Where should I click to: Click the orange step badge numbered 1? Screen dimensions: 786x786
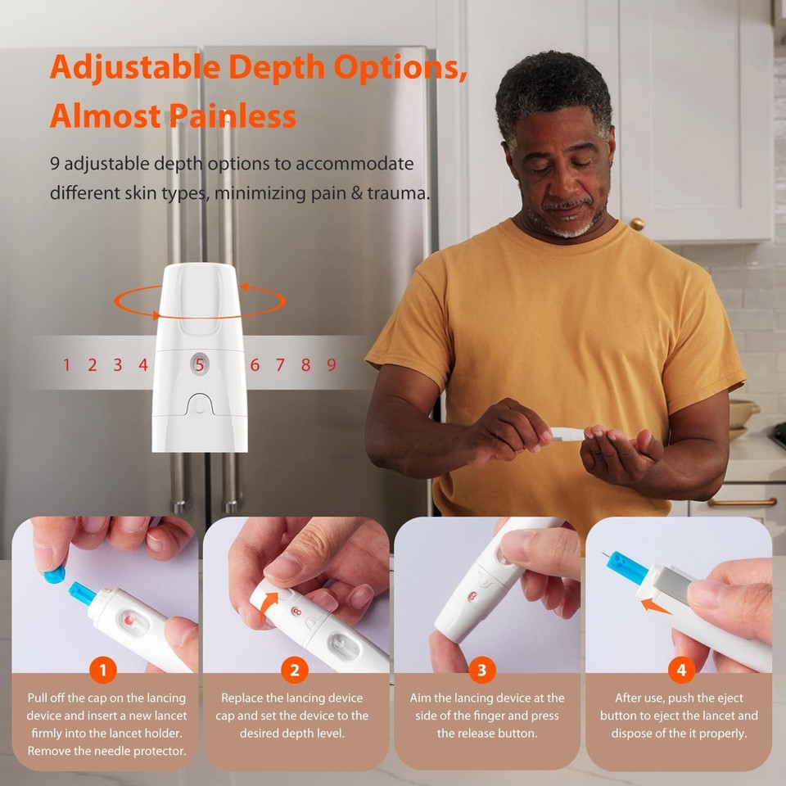103,671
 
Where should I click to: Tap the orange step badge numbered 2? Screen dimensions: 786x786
295,671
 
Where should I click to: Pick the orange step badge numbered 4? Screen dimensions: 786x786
680,671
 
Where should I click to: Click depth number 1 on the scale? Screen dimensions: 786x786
67,364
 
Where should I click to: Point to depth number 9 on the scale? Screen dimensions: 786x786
332,364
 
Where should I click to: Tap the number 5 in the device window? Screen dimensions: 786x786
200,364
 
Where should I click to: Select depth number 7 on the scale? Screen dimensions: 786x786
280,364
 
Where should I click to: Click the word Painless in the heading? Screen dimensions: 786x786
233,116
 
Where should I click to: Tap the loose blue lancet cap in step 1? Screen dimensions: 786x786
54,574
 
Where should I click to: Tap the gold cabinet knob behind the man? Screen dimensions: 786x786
636,224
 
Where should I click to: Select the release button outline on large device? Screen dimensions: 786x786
200,404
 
